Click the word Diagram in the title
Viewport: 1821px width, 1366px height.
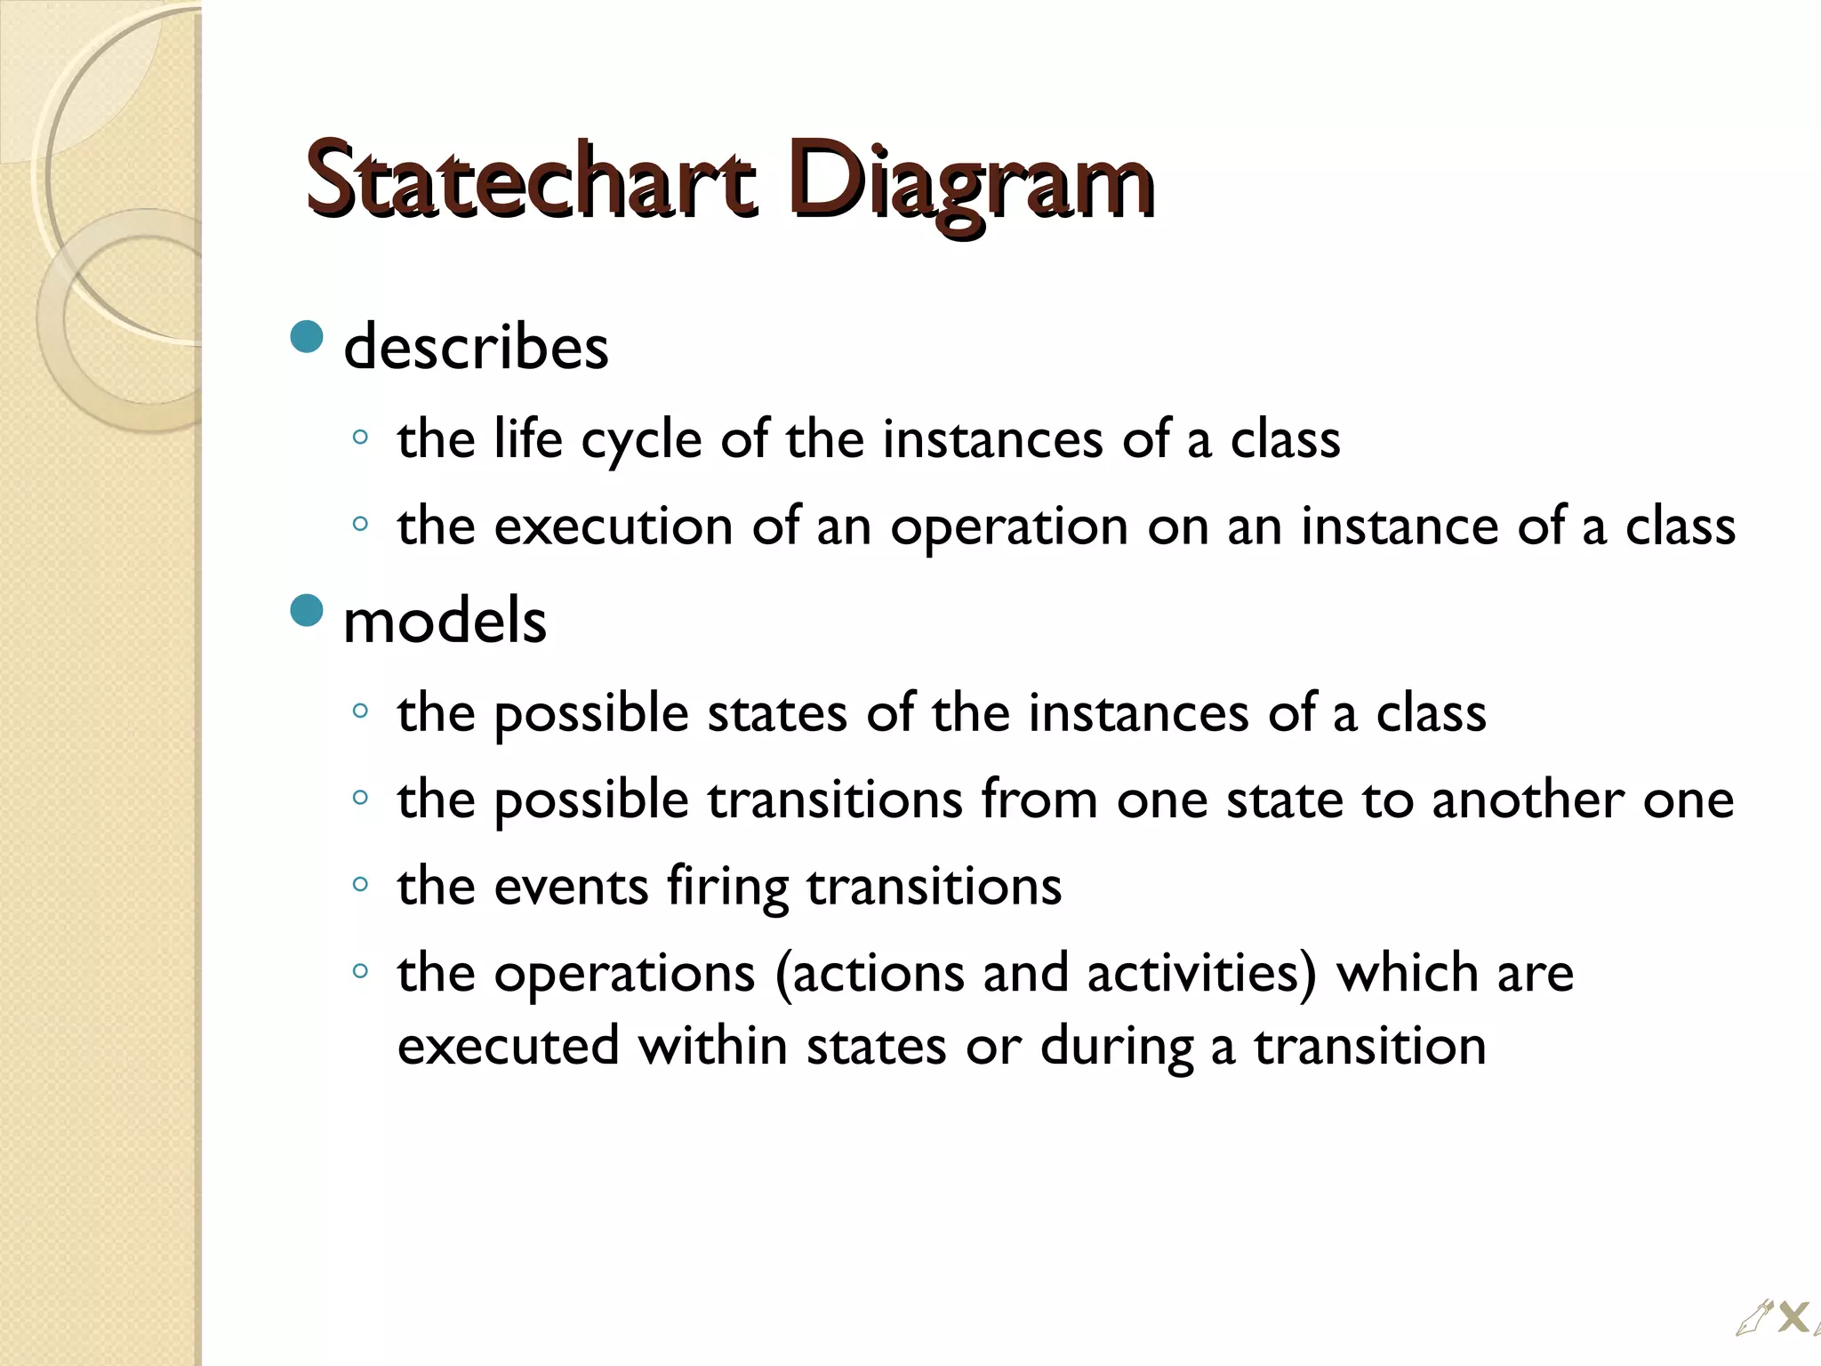click(969, 182)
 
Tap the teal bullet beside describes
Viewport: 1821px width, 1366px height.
click(307, 337)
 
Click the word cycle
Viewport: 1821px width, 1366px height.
click(641, 440)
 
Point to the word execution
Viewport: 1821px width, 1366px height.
click(613, 526)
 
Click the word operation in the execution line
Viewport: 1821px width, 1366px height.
click(1009, 527)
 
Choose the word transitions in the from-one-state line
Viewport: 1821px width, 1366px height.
click(835, 800)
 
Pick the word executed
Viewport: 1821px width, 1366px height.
click(508, 1045)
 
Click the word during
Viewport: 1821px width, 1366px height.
click(1116, 1047)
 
